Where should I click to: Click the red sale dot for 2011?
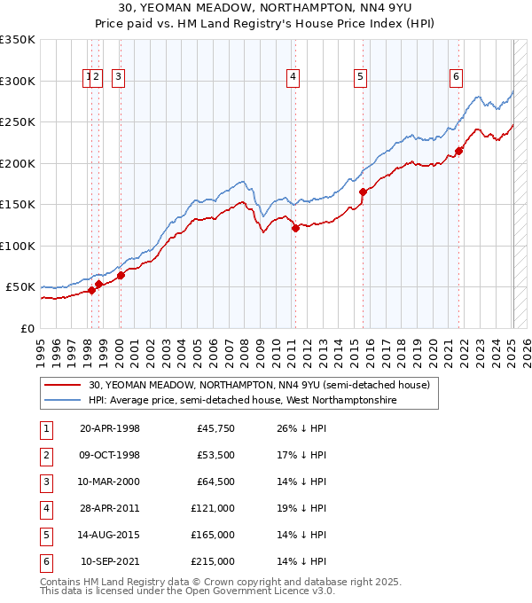click(x=295, y=228)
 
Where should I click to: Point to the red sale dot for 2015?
click(x=363, y=192)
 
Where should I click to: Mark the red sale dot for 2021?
click(x=458, y=150)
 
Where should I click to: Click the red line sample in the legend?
click(x=62, y=385)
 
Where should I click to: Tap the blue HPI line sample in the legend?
click(x=62, y=401)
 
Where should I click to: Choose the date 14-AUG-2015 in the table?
click(x=110, y=536)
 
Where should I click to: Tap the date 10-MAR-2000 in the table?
click(x=110, y=482)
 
